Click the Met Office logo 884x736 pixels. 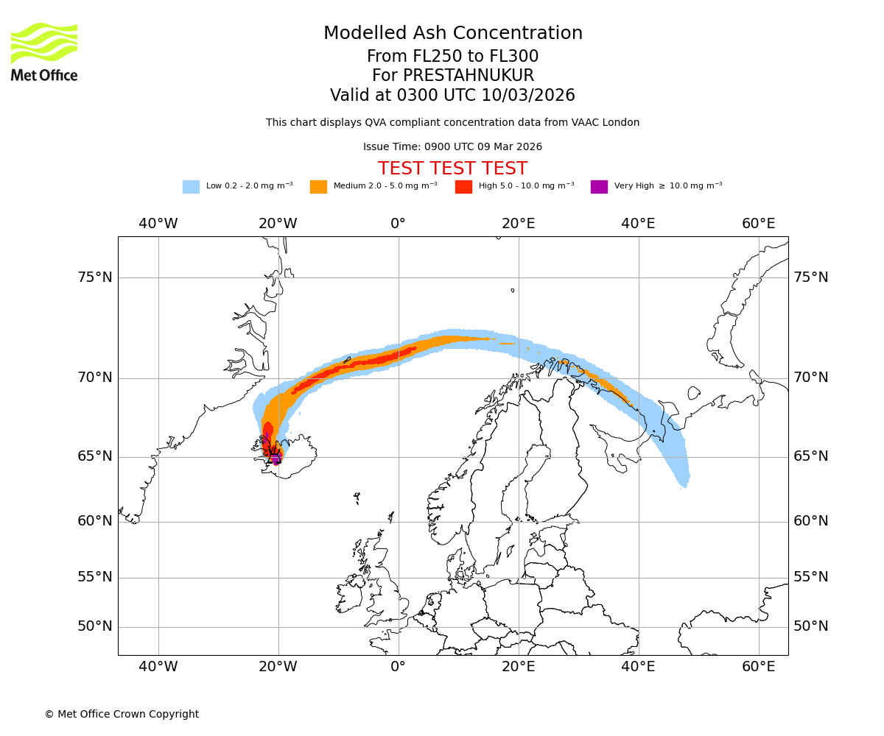[44, 52]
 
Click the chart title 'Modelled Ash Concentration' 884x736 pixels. [452, 33]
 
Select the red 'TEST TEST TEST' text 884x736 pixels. [452, 169]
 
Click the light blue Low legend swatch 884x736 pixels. [191, 187]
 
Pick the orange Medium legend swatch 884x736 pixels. [318, 187]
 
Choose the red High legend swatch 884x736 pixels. [463, 187]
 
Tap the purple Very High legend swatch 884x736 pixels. [599, 187]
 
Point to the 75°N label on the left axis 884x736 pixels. [95, 277]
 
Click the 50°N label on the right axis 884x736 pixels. [810, 626]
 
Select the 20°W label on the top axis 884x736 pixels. [278, 224]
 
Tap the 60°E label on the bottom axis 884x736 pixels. [758, 667]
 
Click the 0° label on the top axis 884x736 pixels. [398, 224]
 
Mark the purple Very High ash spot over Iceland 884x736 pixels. [276, 459]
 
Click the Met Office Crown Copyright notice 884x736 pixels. [122, 714]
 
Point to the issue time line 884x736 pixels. [452, 147]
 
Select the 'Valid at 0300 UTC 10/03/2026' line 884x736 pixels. [452, 96]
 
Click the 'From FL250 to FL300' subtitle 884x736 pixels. [452, 57]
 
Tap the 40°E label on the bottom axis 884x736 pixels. [638, 667]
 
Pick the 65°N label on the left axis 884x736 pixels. [95, 456]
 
